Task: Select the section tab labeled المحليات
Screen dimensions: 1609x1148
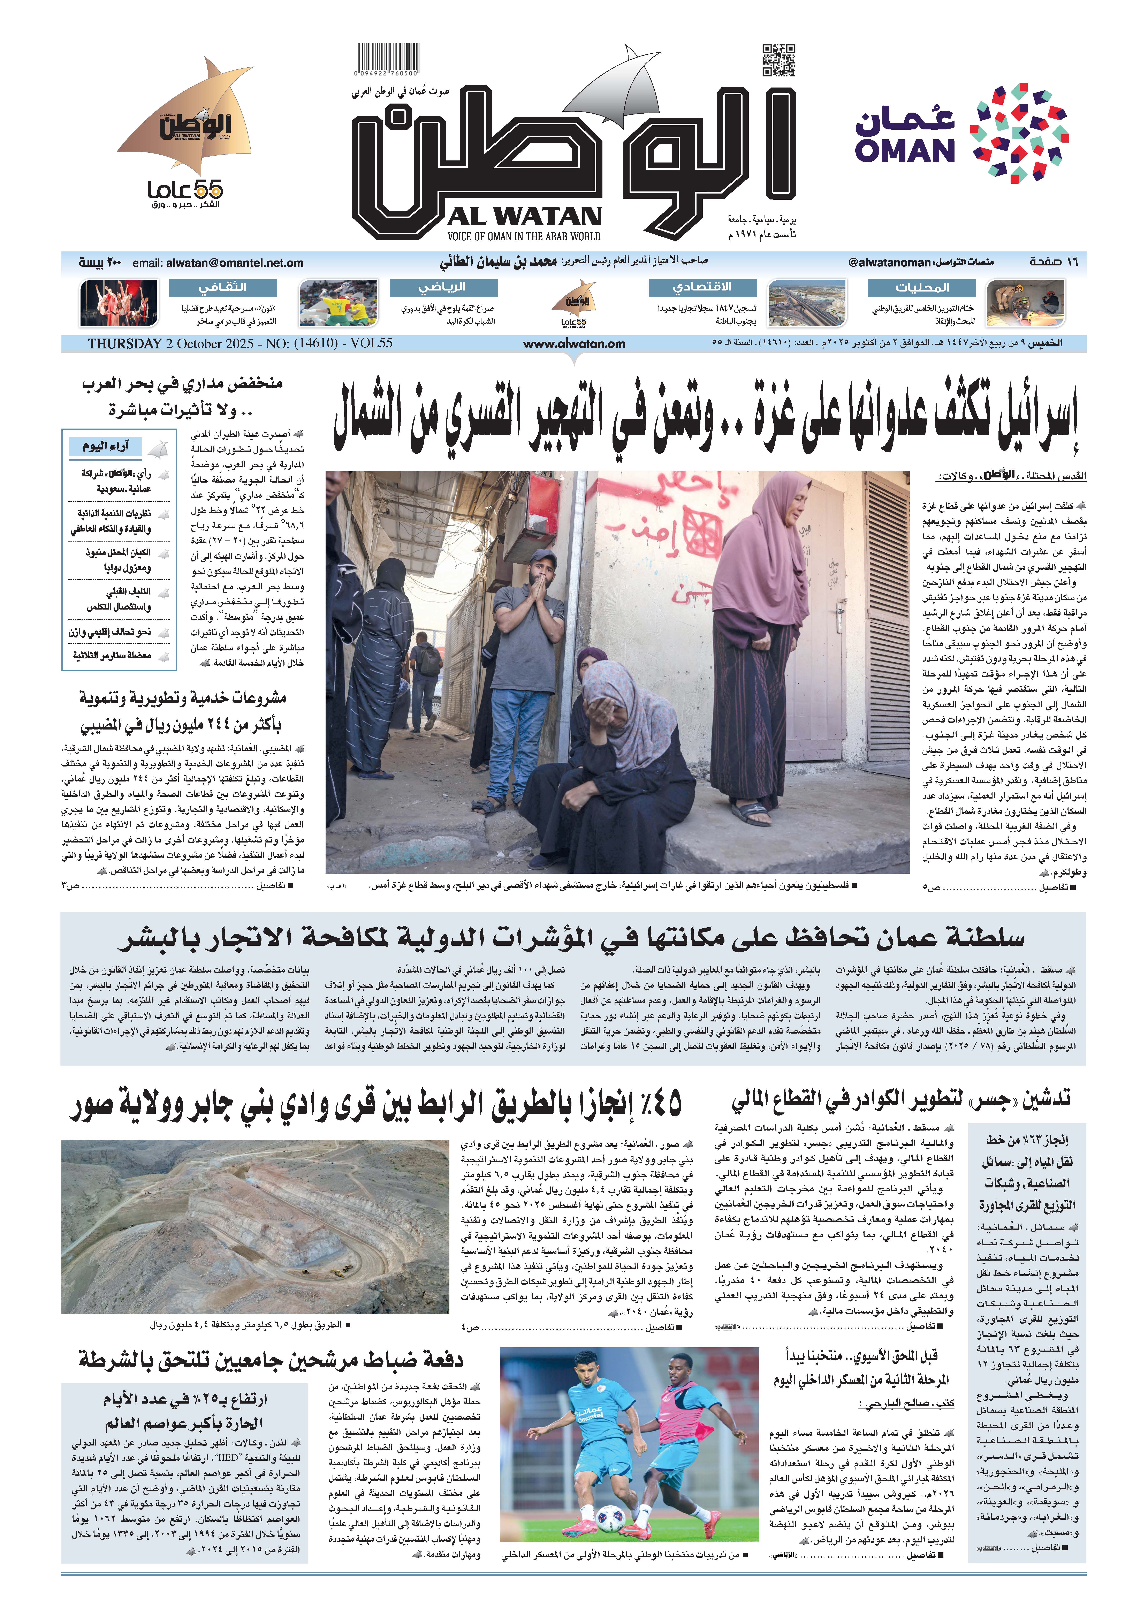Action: pyautogui.click(x=922, y=288)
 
